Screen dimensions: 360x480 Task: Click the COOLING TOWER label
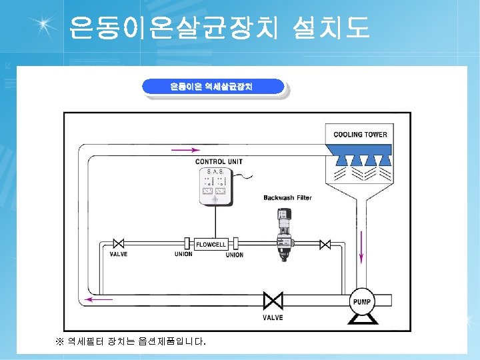point(360,135)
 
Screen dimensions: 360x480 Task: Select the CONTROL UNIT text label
point(219,162)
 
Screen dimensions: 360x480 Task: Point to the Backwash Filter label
point(287,198)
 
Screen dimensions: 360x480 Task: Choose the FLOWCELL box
point(210,245)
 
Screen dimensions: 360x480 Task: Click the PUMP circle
point(362,302)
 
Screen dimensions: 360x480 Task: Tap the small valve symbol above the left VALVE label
point(119,244)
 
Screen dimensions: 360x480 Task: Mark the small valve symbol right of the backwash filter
point(325,245)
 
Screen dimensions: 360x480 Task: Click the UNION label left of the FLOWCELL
point(183,254)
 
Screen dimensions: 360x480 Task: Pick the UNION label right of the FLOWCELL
point(235,255)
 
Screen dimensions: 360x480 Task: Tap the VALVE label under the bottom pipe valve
point(272,318)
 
